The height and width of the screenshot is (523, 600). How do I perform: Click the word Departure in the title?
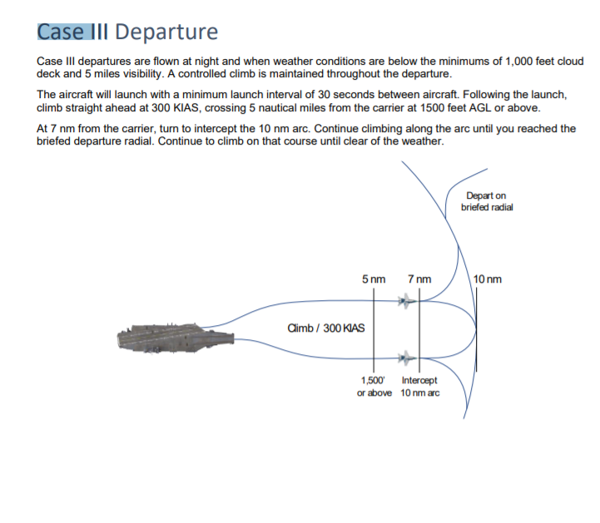[x=166, y=32]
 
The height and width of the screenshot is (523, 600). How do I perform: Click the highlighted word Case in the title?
[x=61, y=32]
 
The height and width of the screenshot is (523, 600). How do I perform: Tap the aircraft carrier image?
[x=176, y=338]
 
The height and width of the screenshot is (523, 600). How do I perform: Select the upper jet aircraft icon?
[x=406, y=301]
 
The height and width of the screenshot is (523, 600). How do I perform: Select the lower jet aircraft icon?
[x=406, y=358]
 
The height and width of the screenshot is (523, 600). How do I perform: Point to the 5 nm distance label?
[x=374, y=279]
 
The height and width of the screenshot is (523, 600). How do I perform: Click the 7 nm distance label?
[x=419, y=279]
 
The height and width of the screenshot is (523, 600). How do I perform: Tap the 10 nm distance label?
[x=487, y=279]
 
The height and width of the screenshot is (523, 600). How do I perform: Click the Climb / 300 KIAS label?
[x=326, y=328]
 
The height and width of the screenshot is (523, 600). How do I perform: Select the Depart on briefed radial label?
[x=487, y=201]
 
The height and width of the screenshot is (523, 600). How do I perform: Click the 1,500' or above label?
[x=374, y=387]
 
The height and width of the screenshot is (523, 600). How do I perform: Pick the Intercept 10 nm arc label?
[x=419, y=387]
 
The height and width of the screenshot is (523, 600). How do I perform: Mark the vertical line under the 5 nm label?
[x=374, y=329]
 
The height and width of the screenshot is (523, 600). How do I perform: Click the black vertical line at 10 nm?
[x=476, y=329]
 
